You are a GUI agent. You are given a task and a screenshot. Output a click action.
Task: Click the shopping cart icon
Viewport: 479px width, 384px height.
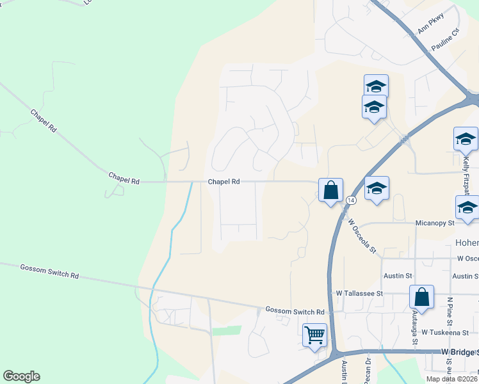click(314, 335)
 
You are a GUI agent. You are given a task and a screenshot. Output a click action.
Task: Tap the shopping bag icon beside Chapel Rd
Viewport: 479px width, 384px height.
click(330, 190)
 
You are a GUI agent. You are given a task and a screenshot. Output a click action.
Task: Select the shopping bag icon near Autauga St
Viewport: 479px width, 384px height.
click(421, 297)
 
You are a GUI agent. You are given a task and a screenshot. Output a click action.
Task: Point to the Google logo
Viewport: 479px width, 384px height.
click(21, 376)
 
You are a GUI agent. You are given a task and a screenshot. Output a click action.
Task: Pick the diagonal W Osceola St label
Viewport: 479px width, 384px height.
click(362, 236)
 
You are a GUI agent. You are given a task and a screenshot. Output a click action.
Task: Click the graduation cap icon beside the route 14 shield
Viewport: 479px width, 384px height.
click(377, 188)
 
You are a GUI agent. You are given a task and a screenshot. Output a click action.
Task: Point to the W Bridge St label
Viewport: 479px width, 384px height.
click(459, 352)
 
